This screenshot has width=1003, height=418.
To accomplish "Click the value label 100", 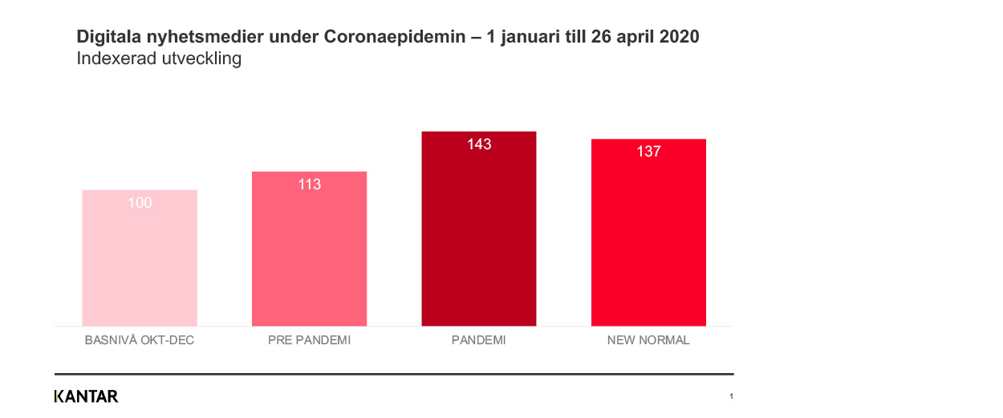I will coord(140,203).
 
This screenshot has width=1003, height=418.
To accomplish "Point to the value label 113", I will coord(309,185).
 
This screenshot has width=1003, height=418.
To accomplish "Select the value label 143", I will coord(479,144).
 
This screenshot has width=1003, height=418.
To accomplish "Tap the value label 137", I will coord(648,152).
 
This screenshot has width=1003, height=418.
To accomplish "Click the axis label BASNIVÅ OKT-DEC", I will coord(140,340).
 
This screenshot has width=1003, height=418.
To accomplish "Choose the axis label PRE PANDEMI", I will coord(309,340).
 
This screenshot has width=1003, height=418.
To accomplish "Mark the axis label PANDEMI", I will coord(479,340).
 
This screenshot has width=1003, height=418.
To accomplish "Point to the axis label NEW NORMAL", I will coord(648,340).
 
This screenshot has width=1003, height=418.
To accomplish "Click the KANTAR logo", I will coord(86,396).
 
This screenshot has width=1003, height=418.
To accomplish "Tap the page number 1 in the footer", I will coord(731,396).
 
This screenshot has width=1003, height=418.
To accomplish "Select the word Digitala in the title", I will coord(107,38).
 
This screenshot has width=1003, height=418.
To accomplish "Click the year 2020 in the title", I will coord(680,38).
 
